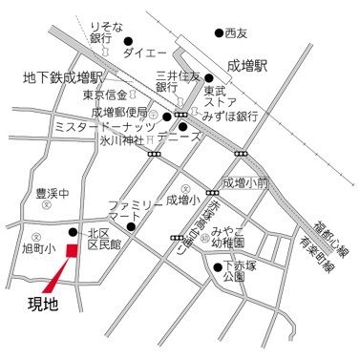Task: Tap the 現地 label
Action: point(37,307)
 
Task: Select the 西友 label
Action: point(236,33)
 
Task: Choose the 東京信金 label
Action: point(104,95)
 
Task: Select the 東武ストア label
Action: point(221,87)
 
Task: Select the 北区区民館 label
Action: point(103,239)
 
